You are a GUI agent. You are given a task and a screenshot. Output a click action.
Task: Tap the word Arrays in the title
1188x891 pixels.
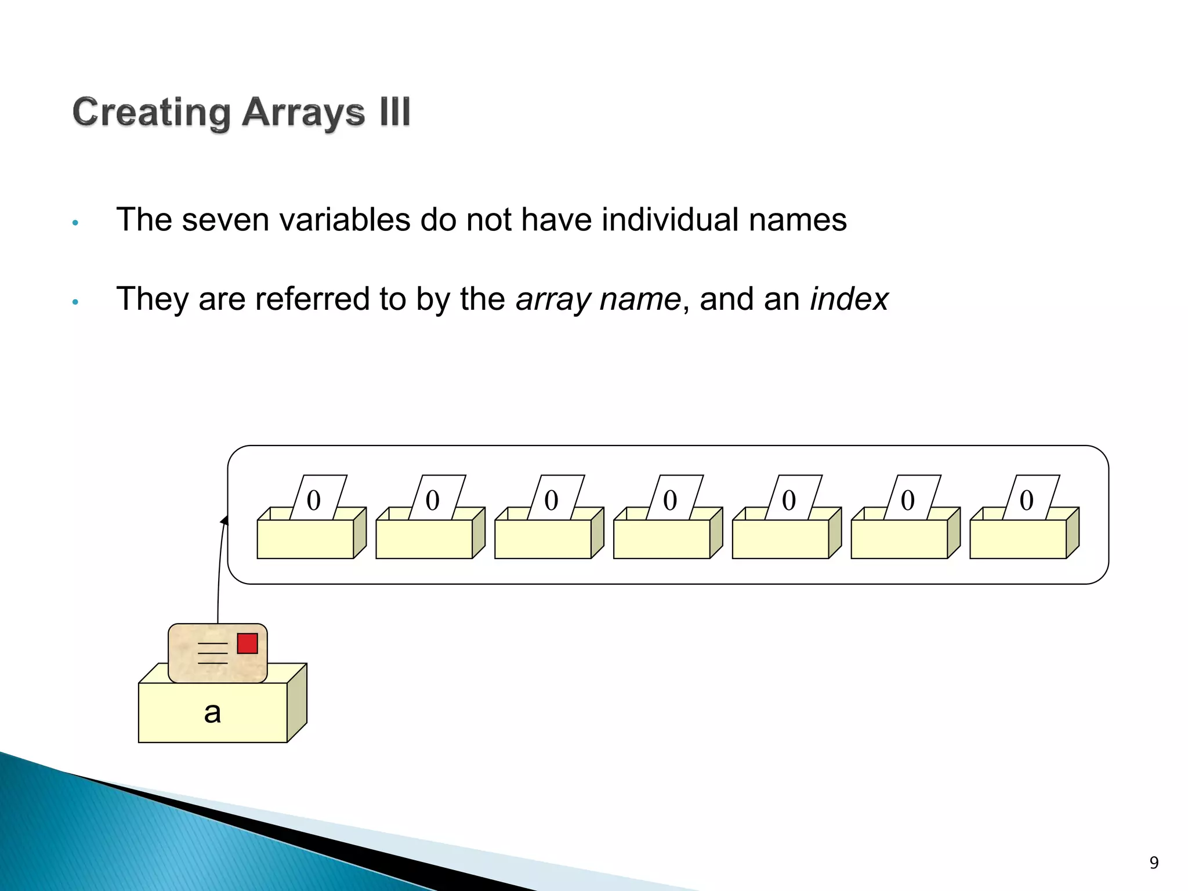303,113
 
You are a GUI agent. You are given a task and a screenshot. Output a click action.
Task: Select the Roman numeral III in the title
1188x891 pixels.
395,111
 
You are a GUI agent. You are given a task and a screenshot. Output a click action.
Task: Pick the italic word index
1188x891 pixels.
849,299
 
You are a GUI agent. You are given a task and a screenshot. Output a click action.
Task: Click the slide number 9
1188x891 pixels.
1154,863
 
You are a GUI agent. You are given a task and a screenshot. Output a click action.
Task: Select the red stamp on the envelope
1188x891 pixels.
247,643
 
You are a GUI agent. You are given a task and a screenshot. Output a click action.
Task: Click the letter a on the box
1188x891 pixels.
212,712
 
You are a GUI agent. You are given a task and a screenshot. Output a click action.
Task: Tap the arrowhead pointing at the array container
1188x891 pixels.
224,520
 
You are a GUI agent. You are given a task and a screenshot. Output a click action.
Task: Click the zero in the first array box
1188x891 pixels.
313,500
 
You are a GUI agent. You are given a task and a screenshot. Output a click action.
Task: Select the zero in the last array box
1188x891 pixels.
1026,500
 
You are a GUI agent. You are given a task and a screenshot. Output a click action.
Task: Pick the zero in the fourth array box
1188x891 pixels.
670,500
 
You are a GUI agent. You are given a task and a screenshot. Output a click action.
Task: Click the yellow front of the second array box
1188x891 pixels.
424,539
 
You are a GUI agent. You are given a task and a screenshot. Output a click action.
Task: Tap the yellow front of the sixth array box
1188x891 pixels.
899,539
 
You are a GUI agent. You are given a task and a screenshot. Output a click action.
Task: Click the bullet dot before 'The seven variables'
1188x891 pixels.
75,223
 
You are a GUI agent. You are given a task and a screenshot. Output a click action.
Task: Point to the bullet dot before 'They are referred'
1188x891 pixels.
75,302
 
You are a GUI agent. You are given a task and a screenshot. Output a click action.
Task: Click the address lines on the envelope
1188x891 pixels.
213,653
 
